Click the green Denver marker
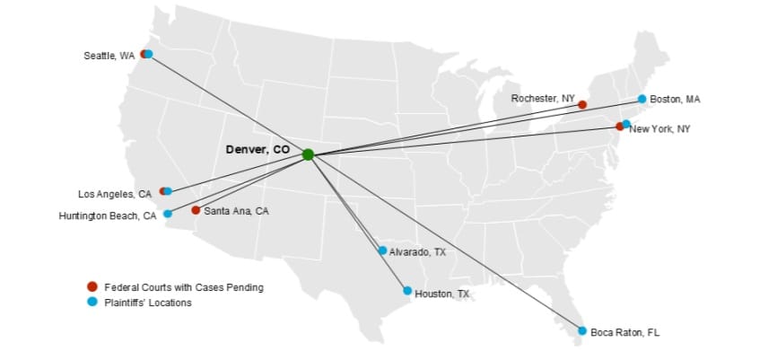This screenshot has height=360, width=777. (308, 154)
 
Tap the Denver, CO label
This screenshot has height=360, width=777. (258, 150)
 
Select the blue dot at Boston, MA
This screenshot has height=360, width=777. (642, 99)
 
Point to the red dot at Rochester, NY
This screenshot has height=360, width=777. (582, 105)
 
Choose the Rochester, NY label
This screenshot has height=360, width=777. (543, 97)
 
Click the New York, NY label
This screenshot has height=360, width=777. (659, 129)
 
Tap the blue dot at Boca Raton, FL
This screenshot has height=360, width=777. (582, 331)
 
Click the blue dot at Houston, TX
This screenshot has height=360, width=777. (407, 291)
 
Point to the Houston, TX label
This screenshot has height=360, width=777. (441, 294)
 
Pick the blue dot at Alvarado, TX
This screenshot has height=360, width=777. (382, 250)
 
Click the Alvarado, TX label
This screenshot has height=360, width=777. (417, 252)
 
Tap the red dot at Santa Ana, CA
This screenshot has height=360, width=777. (196, 210)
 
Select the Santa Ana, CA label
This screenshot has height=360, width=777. (236, 211)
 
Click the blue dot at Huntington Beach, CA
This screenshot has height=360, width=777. (168, 214)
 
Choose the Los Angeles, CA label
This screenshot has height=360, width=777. (115, 194)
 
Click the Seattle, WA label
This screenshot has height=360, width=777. (109, 56)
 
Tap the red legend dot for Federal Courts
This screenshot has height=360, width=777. (92, 286)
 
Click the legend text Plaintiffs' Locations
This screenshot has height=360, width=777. (147, 303)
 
